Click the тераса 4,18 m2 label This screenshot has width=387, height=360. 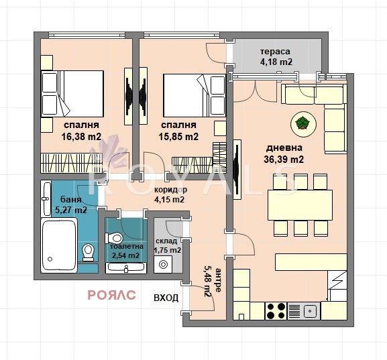[276, 57]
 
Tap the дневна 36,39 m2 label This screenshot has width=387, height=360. [284, 154]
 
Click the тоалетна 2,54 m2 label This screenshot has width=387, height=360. [125, 251]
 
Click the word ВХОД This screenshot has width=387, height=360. [166, 298]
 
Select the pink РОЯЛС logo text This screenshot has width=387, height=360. [112, 294]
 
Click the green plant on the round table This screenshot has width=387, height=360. [302, 123]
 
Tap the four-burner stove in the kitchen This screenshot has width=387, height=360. [276, 310]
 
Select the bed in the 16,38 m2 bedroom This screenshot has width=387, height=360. [72, 94]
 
